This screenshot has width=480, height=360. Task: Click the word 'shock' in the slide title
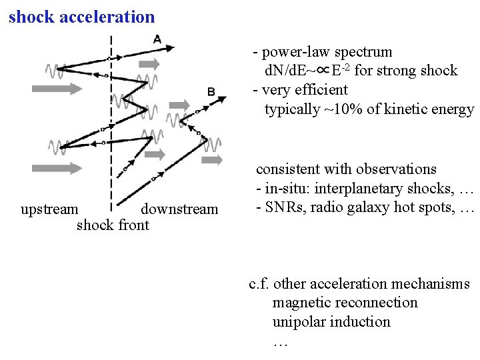coord(31,17)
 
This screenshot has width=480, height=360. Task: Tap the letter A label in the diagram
coord(157,39)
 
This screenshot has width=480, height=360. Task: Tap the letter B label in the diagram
coord(211,91)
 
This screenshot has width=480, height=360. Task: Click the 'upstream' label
coord(49,209)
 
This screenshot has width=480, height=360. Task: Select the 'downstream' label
coord(179,209)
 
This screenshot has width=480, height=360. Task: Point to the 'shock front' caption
coord(113,225)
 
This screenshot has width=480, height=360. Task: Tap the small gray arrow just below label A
coord(151,64)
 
